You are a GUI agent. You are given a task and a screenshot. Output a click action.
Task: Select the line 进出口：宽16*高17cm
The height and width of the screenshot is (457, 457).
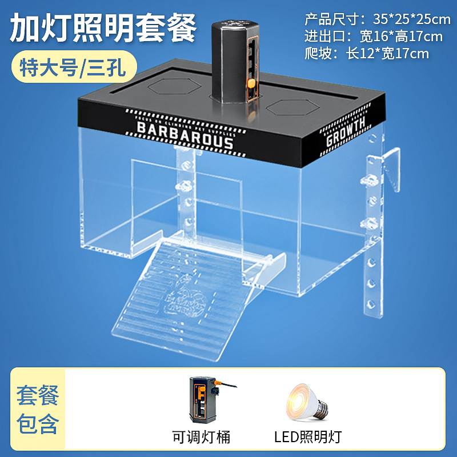[x=374, y=37]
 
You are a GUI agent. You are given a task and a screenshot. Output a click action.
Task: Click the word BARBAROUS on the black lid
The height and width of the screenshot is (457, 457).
[x=185, y=133]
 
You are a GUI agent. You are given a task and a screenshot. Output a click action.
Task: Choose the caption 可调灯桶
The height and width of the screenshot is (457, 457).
[x=201, y=438]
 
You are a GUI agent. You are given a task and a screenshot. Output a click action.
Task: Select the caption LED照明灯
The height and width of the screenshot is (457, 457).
[x=307, y=438]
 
